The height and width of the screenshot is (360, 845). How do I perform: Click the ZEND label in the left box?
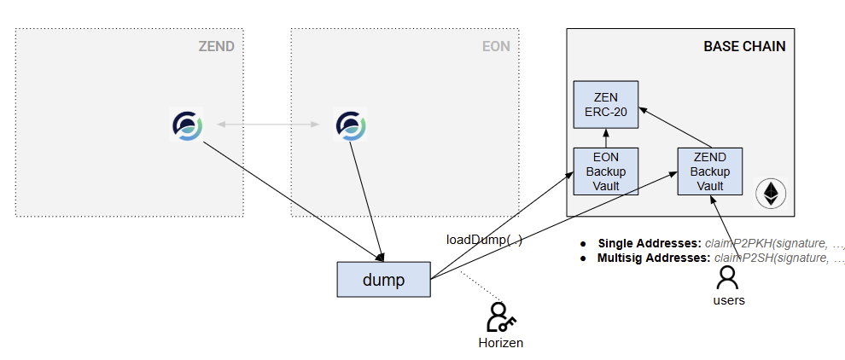tap(216, 46)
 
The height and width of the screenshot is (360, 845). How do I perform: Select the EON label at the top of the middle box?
tap(496, 46)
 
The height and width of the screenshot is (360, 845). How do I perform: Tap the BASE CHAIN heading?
tap(743, 46)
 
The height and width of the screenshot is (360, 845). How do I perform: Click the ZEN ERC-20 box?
tap(605, 105)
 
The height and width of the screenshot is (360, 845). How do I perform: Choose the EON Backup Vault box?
tap(605, 171)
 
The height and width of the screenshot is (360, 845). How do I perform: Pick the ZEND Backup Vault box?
tap(709, 171)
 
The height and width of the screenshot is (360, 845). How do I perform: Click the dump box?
tap(383, 279)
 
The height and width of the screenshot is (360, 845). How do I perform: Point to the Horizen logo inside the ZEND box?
tap(187, 125)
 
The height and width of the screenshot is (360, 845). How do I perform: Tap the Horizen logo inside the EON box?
tap(350, 125)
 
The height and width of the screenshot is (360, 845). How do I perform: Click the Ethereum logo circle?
tap(771, 194)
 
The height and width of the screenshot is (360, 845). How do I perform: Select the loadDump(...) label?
tap(484, 240)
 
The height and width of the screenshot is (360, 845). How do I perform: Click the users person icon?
tap(727, 277)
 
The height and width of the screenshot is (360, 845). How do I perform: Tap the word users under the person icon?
tap(727, 300)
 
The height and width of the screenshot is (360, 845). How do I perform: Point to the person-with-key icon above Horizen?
tap(500, 317)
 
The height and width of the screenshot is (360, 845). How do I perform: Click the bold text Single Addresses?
tap(649, 243)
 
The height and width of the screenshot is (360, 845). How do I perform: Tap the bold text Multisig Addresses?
tap(653, 258)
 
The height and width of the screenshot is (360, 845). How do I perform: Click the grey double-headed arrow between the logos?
tap(269, 125)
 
